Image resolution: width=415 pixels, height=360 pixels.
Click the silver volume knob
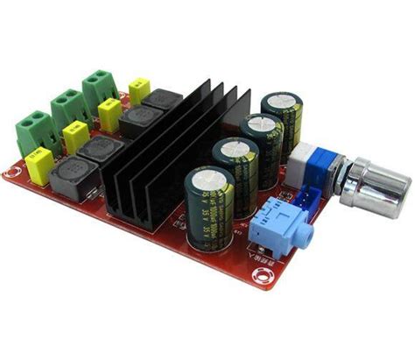pyautogui.click(x=379, y=186)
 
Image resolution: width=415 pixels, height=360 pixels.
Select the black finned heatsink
pyautogui.click(x=175, y=153)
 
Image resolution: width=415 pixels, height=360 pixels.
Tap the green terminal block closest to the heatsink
pyautogui.click(x=100, y=85)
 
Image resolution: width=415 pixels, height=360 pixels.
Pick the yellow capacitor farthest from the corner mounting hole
pyautogui.click(x=139, y=90)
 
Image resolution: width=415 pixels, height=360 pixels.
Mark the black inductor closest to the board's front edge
pyautogui.click(x=69, y=180)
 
